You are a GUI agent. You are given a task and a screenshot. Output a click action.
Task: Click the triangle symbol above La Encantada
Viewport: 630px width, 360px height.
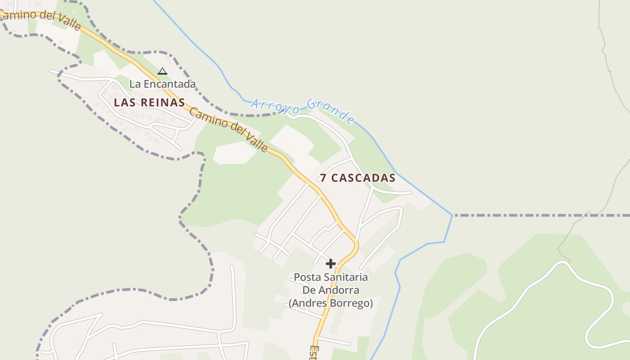click(162, 71)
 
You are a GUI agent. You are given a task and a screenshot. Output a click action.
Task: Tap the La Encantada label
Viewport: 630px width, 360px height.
click(162, 84)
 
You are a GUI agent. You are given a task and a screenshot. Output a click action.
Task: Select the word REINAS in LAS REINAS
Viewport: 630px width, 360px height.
click(162, 103)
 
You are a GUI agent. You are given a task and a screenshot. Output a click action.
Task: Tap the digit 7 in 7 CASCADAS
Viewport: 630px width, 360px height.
click(323, 178)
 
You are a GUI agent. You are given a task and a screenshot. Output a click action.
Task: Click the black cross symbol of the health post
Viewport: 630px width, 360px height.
click(331, 264)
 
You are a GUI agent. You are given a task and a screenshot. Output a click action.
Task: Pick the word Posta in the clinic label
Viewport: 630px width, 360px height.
click(306, 277)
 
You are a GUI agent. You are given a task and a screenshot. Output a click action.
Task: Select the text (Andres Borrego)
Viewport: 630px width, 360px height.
click(331, 303)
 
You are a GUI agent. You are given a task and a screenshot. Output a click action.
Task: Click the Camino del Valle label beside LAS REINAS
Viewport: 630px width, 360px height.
click(228, 130)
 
